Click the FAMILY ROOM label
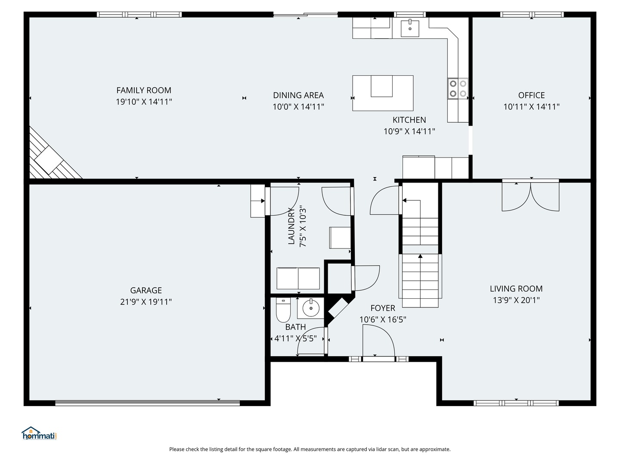pos(144,90)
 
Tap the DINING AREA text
pos(298,95)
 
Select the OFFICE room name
pos(531,95)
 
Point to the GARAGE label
pos(146,290)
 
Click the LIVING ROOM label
pos(516,288)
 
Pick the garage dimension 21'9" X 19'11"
pos(146,302)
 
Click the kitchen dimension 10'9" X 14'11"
pos(409,131)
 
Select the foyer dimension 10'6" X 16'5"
pos(383,319)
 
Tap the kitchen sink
pos(410,28)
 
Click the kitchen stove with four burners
pos(458,88)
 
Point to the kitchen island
pos(383,93)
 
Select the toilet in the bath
pos(283,310)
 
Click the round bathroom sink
pos(311,308)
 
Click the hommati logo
pos(39,433)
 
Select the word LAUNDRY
pos(291,226)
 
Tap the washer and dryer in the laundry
pos(298,278)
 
